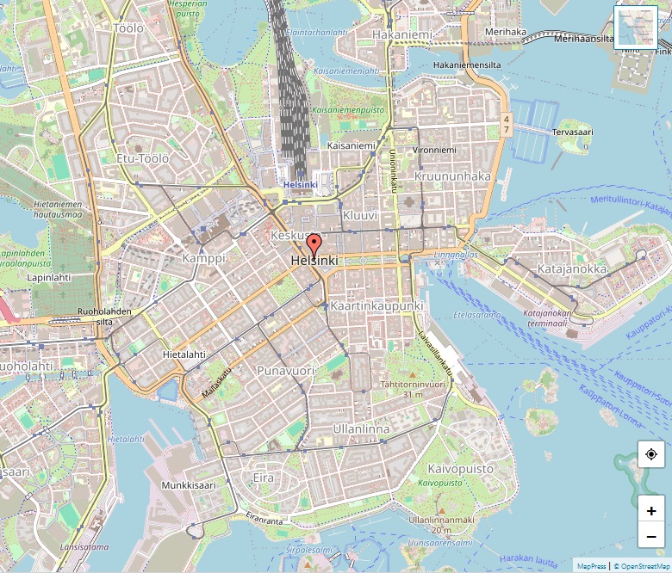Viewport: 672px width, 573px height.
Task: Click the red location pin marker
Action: click(x=314, y=244)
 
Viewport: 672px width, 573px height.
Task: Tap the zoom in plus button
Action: click(x=651, y=510)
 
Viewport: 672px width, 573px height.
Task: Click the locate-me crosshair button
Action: click(x=651, y=454)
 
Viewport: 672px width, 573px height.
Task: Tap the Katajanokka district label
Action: click(x=572, y=269)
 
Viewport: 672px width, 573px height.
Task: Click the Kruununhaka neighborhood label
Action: click(x=452, y=176)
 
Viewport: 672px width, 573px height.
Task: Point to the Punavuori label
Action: click(x=285, y=371)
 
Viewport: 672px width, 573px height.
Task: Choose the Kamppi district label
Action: click(x=204, y=258)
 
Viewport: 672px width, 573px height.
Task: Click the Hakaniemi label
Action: click(x=402, y=35)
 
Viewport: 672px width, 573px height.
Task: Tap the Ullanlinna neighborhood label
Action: click(x=361, y=428)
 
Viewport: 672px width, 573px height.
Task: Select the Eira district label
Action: click(x=263, y=477)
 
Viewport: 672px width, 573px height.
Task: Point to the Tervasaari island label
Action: click(x=573, y=132)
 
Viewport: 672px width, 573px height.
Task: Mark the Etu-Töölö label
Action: click(x=143, y=158)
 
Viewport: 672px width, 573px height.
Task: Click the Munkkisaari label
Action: click(x=188, y=485)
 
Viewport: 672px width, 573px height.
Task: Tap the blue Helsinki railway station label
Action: click(x=300, y=185)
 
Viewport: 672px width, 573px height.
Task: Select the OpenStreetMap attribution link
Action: click(x=641, y=566)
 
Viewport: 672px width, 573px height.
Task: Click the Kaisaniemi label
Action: click(x=352, y=146)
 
